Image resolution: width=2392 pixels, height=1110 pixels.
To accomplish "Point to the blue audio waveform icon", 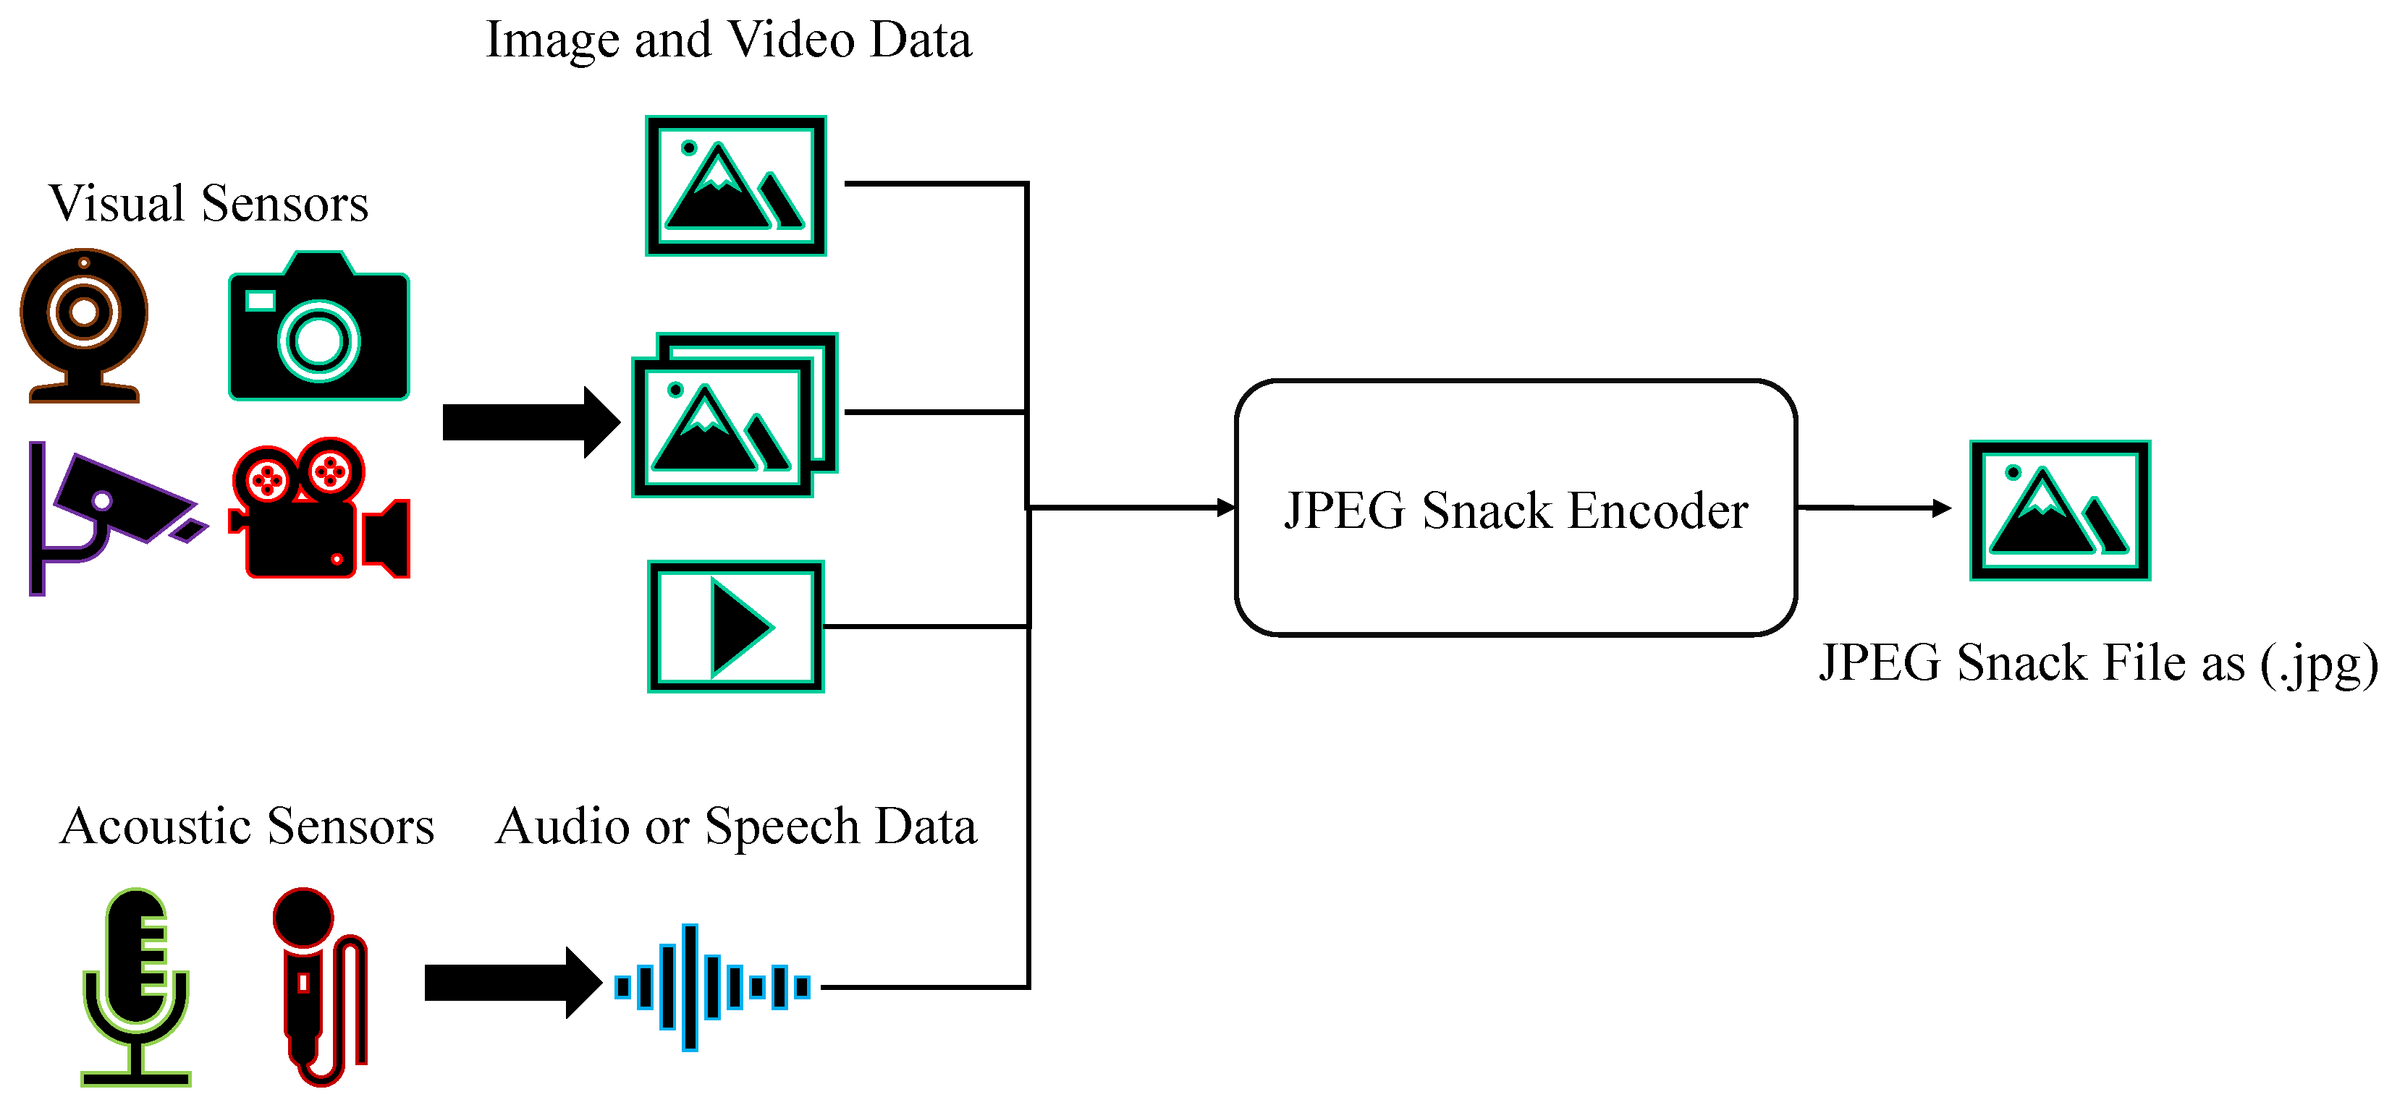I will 711,986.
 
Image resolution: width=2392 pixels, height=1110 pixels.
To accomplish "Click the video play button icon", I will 735,626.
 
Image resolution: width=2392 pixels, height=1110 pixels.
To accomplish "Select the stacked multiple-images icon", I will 734,415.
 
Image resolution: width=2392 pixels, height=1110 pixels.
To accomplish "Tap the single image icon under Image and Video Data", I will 735,186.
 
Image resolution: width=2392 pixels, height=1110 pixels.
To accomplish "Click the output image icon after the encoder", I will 2060,511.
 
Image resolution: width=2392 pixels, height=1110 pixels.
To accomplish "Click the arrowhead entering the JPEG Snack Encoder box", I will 1227,508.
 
